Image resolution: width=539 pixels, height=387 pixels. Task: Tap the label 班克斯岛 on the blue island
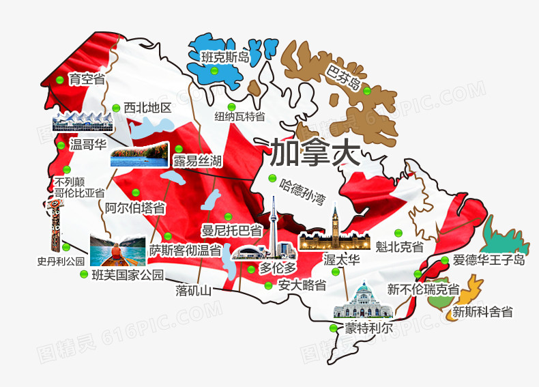point(224,58)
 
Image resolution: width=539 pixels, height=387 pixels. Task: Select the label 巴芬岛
point(343,77)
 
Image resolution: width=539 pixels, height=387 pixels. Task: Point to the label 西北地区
point(147,108)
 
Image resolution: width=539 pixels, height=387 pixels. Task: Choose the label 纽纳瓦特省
point(239,117)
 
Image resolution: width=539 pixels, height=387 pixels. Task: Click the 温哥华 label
point(88,145)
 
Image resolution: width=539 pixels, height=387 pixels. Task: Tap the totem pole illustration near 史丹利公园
point(55,222)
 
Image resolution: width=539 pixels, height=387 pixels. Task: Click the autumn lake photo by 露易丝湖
point(139,154)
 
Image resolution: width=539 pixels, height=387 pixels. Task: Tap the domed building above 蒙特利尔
point(363,301)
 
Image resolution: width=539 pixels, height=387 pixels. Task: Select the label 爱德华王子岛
point(489,261)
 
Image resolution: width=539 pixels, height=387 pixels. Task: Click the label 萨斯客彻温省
point(186,250)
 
